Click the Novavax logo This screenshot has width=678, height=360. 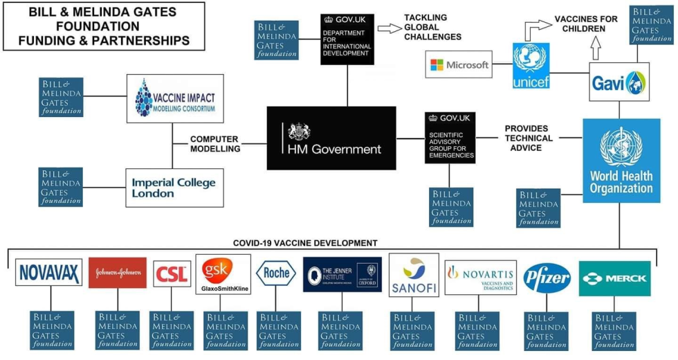pos(48,273)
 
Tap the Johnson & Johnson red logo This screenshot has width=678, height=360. pos(118,273)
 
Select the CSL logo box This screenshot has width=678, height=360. pos(172,273)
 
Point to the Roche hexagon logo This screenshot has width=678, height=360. pos(276,273)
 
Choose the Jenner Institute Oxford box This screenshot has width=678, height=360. pos(342,274)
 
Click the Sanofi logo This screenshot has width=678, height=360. pos(413,275)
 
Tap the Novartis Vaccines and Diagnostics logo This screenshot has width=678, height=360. pos(480,277)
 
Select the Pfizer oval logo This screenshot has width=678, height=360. pos(547,278)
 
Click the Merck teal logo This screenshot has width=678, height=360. pos(614,278)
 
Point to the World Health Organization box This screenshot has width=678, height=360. pos(621,161)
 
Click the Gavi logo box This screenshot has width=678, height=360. pos(619,82)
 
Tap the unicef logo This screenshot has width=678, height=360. pos(531,66)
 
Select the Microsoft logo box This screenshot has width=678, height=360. pos(459,64)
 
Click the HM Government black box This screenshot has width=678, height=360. pos(331,138)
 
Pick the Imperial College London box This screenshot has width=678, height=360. pos(174,187)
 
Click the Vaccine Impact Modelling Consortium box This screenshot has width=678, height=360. pos(175,98)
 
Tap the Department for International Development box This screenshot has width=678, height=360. pos(347,39)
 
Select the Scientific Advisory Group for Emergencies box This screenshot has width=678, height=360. pos(450,138)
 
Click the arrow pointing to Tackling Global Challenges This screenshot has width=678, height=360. pos(390,28)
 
